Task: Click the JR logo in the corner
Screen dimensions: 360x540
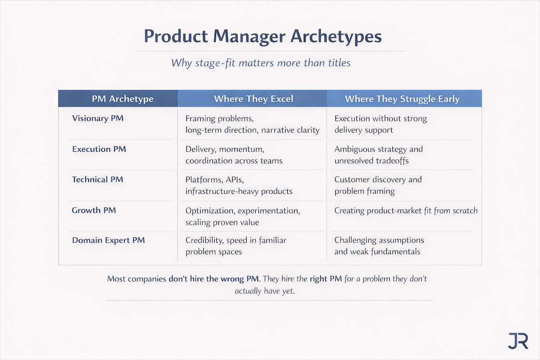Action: pyautogui.click(x=518, y=341)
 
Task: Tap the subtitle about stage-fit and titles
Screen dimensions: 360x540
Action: pyautogui.click(x=261, y=63)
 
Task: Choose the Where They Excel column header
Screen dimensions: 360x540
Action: pyautogui.click(x=253, y=99)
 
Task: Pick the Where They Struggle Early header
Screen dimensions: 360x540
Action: pyautogui.click(x=402, y=99)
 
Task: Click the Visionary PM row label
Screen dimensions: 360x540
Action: pyautogui.click(x=98, y=119)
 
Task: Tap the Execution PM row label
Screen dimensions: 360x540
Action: pyautogui.click(x=99, y=149)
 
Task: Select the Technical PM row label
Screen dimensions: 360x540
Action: pyautogui.click(x=98, y=180)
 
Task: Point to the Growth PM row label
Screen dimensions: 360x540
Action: pyautogui.click(x=94, y=210)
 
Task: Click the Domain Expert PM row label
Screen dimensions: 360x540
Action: pyautogui.click(x=108, y=240)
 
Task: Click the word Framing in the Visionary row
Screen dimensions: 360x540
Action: pyautogui.click(x=201, y=119)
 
